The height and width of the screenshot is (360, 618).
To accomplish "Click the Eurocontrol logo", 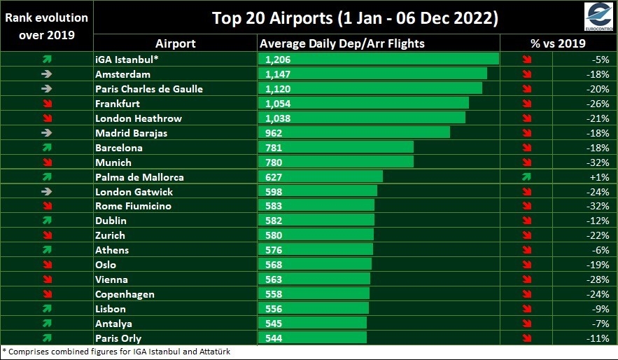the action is (x=598, y=17).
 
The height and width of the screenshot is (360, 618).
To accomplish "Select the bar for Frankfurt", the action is (x=363, y=104).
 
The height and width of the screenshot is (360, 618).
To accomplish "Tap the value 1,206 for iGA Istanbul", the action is (x=278, y=60).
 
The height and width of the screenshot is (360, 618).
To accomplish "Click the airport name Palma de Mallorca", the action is (x=139, y=177).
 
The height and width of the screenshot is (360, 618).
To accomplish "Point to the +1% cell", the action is (x=600, y=177).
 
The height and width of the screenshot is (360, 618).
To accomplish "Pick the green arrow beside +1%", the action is (x=526, y=177).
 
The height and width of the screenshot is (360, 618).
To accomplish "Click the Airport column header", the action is (x=176, y=43).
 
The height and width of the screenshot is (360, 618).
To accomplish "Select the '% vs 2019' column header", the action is (x=558, y=43).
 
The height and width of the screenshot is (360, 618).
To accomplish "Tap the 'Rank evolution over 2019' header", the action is (x=46, y=26).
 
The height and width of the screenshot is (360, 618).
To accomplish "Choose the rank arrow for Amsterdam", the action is (x=46, y=74).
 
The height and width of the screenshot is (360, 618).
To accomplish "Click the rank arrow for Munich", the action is (x=48, y=162).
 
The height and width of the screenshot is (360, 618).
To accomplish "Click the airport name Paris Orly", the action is (x=118, y=338).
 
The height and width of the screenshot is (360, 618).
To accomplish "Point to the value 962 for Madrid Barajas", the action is (x=274, y=133).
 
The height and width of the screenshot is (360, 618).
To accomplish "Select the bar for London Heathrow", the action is (x=362, y=118).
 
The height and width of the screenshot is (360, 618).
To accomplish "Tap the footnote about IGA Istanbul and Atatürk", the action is (x=116, y=352).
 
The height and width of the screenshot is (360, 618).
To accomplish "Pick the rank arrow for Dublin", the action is (x=47, y=221).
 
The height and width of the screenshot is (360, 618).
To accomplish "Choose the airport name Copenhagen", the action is (x=125, y=295).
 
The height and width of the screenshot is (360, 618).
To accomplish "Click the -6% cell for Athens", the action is (x=601, y=250).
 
